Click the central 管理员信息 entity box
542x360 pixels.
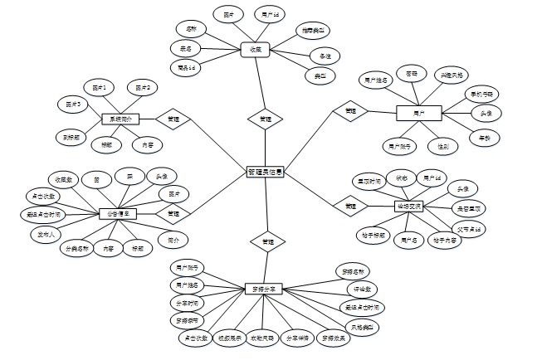[x=266, y=173]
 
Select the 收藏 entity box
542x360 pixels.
[x=256, y=50]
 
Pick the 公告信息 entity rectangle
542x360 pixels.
[x=118, y=214]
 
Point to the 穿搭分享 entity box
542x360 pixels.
[x=265, y=289]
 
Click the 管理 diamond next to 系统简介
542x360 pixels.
[x=173, y=119]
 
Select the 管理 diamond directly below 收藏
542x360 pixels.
[x=265, y=119]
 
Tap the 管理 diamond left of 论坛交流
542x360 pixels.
[x=350, y=205]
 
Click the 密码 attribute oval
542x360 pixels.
[x=412, y=74]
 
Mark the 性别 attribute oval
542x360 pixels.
[x=443, y=146]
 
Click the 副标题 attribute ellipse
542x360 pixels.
[x=71, y=137]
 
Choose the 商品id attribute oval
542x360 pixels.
[x=186, y=67]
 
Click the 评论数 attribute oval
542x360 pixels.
[x=363, y=289]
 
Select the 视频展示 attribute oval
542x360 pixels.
[x=228, y=338]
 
